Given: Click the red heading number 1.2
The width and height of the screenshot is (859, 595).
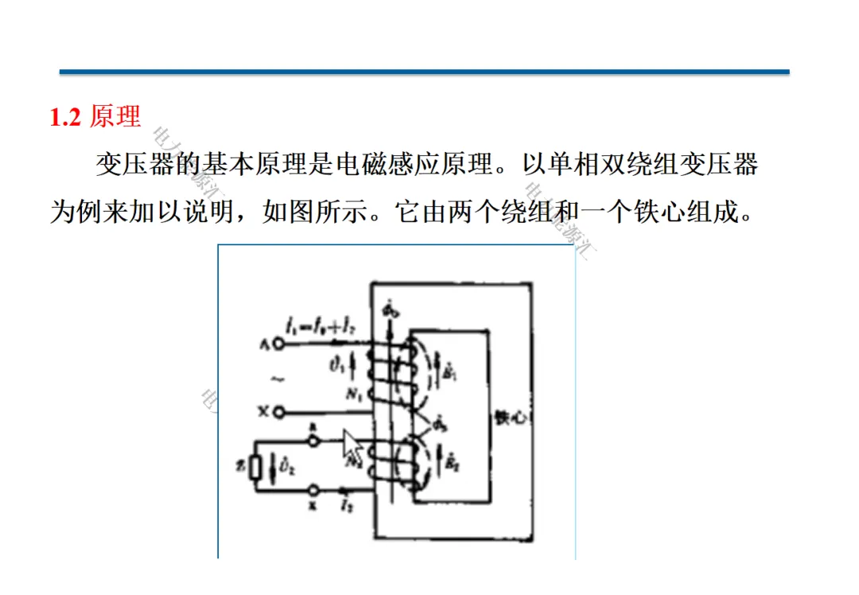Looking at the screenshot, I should coord(66,118).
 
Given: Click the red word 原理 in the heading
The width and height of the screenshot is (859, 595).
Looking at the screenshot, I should coord(115,118).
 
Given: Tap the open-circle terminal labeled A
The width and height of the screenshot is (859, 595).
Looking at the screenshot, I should coord(278,344).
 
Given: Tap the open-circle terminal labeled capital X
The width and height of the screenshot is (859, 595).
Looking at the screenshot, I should coord(278,412).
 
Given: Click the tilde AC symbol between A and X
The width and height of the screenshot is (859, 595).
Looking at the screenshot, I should coord(277,379).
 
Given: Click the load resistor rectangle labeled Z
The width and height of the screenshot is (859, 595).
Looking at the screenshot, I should coord(255,467).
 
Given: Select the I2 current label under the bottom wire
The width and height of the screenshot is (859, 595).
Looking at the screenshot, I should coord(345,504).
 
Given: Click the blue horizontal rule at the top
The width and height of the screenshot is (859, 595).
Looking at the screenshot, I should coord(424,72).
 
